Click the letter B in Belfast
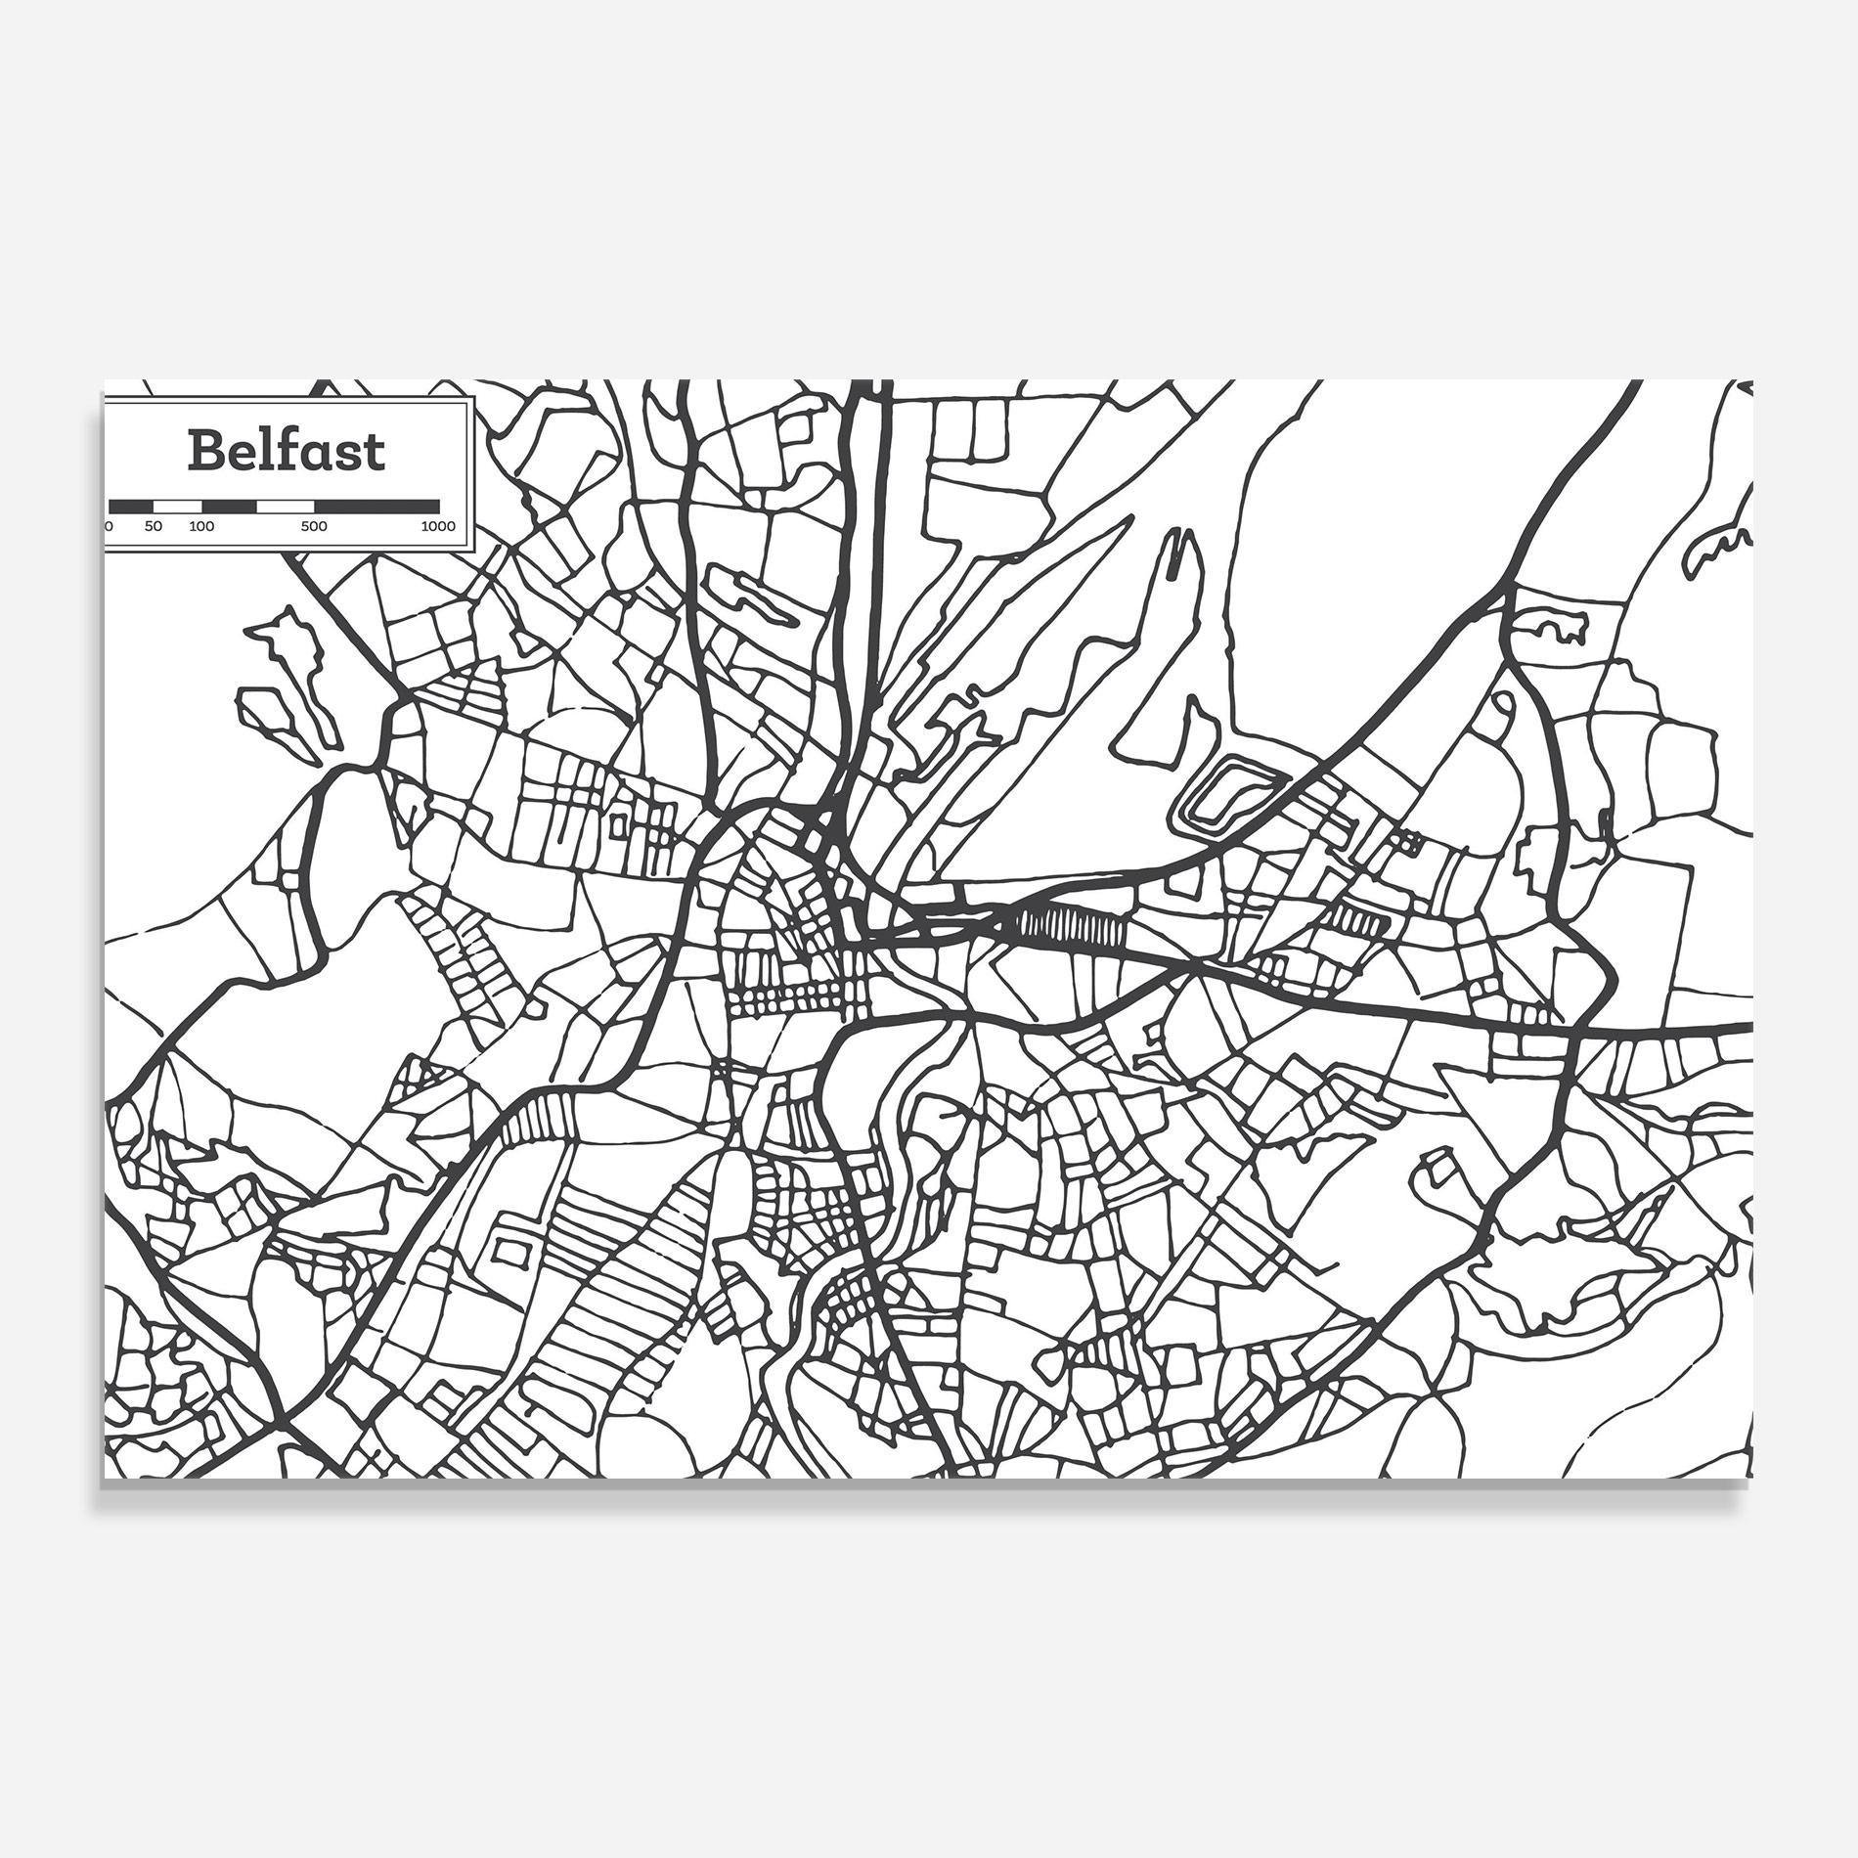pos(206,451)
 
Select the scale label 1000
pos(439,527)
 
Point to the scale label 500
pos(314,527)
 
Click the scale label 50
pos(154,527)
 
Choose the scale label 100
pos(201,527)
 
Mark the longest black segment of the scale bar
pos(376,506)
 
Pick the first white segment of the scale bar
pos(178,506)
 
